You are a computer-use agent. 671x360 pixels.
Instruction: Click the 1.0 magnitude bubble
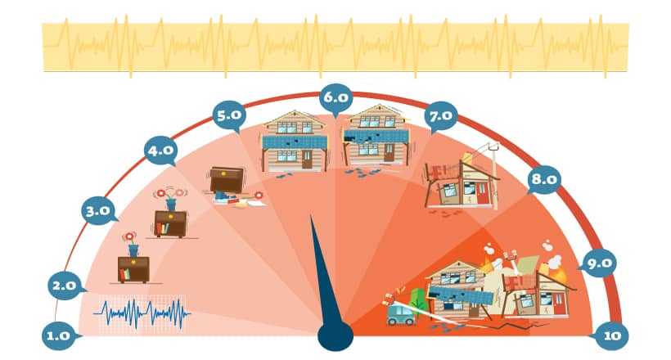pyautogui.click(x=59, y=336)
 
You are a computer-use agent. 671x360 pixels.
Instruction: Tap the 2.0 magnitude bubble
pyautogui.click(x=65, y=285)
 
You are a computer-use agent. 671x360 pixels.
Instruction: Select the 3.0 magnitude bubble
pyautogui.click(x=98, y=211)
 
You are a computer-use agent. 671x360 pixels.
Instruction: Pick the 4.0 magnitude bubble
pyautogui.click(x=160, y=151)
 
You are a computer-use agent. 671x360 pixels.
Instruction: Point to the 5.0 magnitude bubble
pyautogui.click(x=229, y=115)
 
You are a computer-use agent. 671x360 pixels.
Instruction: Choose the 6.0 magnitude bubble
pyautogui.click(x=336, y=98)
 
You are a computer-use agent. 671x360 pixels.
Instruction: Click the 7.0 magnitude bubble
pyautogui.click(x=441, y=116)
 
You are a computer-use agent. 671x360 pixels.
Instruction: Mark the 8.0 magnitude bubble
pyautogui.click(x=544, y=179)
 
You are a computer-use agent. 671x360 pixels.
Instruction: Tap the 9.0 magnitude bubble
pyautogui.click(x=599, y=263)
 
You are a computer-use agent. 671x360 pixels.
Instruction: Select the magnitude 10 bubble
pyautogui.click(x=612, y=336)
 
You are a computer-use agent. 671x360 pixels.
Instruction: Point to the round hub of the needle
pyautogui.click(x=335, y=336)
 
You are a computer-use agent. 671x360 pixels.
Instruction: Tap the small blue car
pyautogui.click(x=400, y=315)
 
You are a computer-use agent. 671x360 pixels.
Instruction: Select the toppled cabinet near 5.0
pyautogui.click(x=227, y=180)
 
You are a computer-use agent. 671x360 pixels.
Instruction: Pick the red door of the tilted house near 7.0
pyautogui.click(x=482, y=193)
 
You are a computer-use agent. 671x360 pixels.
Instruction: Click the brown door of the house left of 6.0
pyautogui.click(x=307, y=160)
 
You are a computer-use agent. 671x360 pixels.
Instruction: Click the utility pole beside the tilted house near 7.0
pyautogui.click(x=493, y=176)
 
